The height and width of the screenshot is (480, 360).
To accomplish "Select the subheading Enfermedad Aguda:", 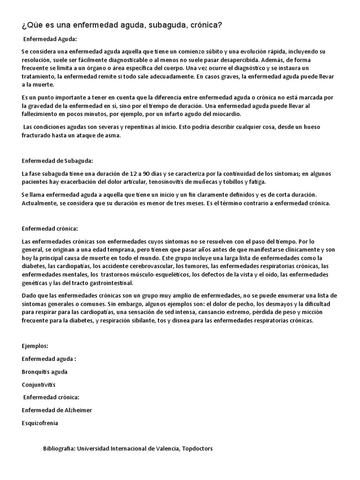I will click(x=50, y=39).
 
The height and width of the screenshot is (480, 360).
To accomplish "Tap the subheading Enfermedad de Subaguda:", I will click(x=58, y=161).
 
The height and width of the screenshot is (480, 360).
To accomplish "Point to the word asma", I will click(x=114, y=135).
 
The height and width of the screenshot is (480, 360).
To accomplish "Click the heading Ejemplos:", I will click(x=35, y=346).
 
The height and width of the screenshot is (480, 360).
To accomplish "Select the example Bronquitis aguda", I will click(x=45, y=372).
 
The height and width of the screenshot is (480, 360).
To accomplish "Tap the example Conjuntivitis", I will click(x=38, y=385).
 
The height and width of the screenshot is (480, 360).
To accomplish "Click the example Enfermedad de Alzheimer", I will click(x=57, y=410).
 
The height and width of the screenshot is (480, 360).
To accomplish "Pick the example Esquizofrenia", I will click(x=40, y=423).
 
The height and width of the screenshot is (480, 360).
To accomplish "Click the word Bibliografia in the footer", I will click(x=59, y=449).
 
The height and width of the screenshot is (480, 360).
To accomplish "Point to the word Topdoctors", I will click(x=198, y=449).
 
